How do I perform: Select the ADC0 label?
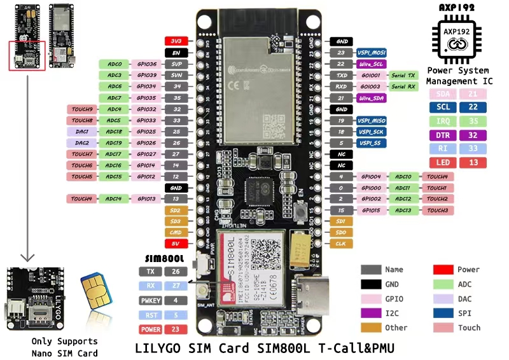point(115,64)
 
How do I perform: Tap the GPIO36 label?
point(146,64)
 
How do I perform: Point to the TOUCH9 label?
point(83,109)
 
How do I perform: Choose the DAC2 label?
point(83,143)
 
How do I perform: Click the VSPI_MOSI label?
point(370,53)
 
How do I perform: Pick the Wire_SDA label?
point(372,98)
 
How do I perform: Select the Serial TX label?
point(403,75)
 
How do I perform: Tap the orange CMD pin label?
point(175,232)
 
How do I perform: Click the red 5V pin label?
point(175,244)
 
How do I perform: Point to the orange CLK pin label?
point(341,244)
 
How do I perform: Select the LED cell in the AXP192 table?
point(443,163)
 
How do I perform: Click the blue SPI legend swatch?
point(443,313)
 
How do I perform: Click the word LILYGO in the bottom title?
point(162,349)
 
